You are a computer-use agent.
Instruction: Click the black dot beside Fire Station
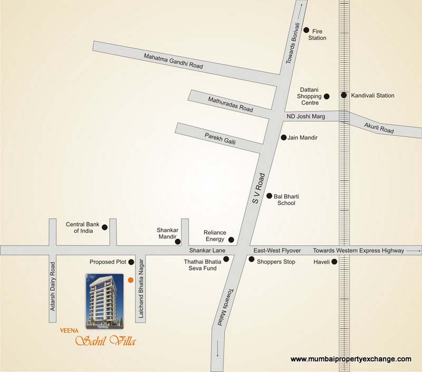[306, 30]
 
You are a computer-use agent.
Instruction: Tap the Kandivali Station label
[373, 96]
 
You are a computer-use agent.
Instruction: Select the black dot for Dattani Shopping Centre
[327, 96]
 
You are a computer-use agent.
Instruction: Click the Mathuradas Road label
[230, 105]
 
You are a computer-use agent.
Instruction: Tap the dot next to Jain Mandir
[283, 137]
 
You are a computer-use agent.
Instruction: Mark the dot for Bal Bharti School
[269, 196]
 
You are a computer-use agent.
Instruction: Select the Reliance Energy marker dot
[231, 240]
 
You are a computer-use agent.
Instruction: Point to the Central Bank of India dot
[104, 227]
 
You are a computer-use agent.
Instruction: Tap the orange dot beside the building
[130, 280]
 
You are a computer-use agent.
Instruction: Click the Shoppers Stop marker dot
[252, 259]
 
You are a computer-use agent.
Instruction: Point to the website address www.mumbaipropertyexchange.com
[351, 359]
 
